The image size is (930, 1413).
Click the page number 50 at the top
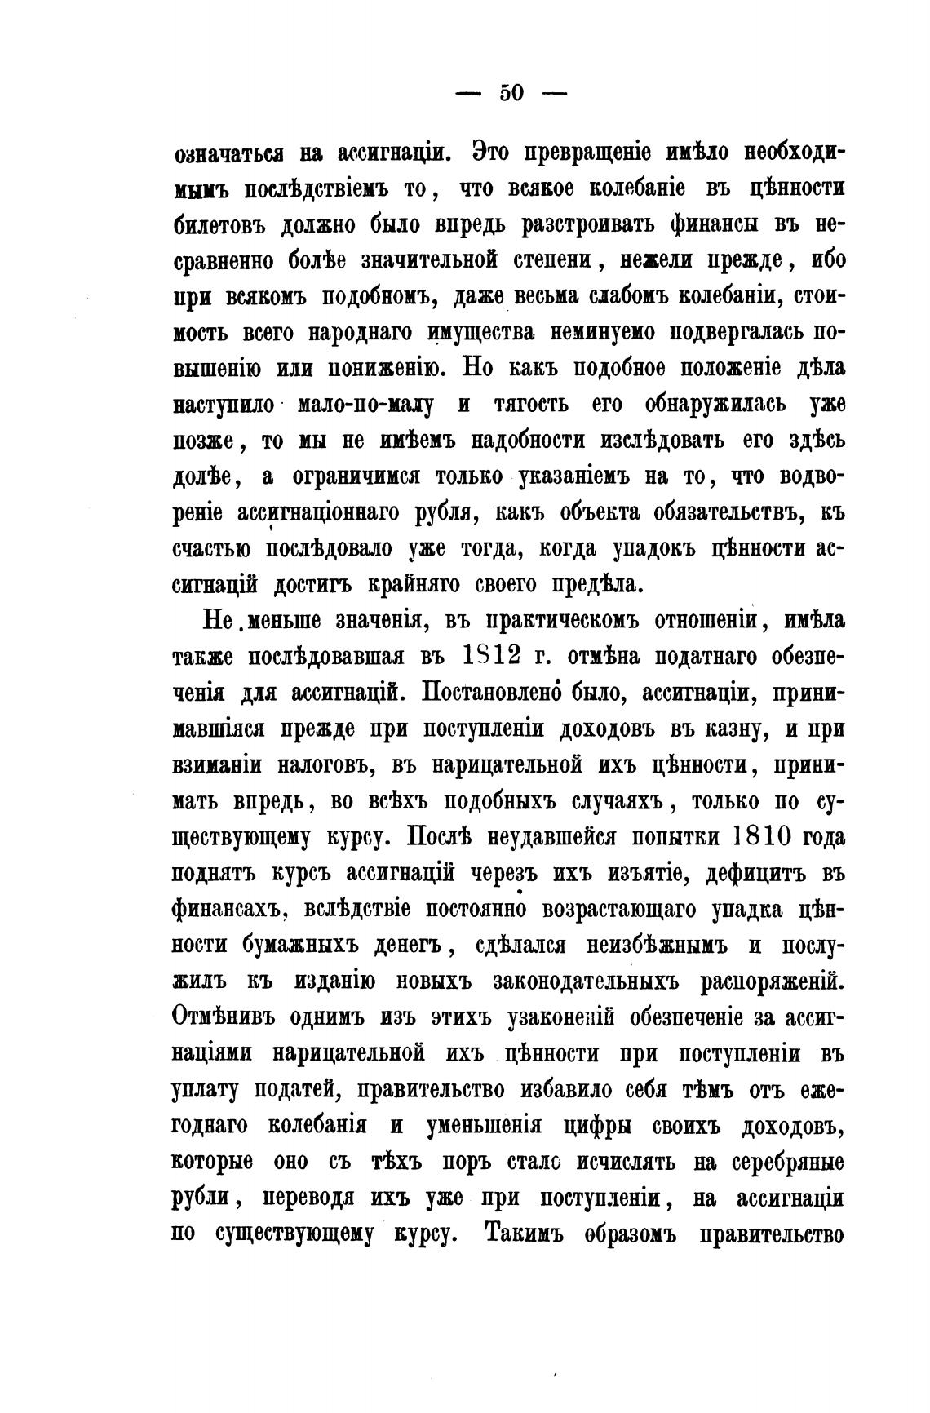click(511, 93)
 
